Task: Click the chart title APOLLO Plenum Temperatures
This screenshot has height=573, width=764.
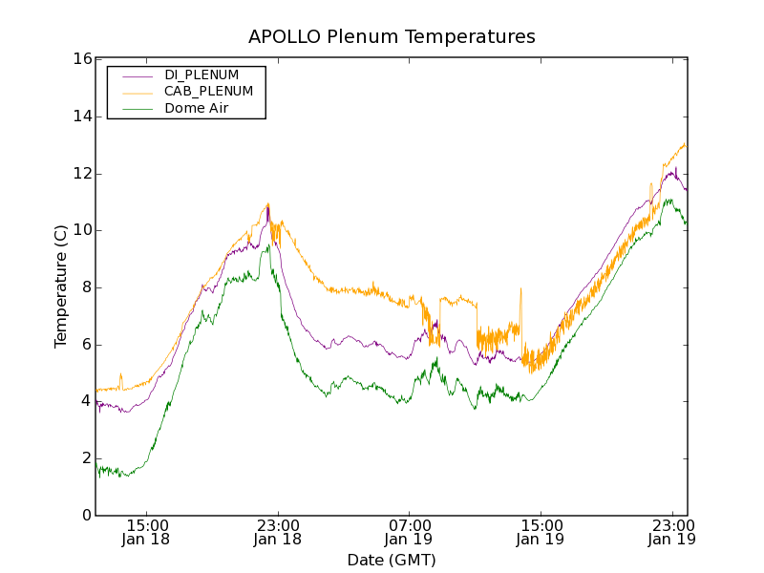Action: coord(392,37)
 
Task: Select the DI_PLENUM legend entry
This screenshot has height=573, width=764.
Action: coord(202,74)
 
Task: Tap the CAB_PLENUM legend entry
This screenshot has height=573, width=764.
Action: coord(208,92)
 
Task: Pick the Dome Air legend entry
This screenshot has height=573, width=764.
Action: coord(196,108)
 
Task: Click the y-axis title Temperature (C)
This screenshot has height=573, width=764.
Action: coord(61,286)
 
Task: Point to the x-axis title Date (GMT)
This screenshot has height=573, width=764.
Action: coord(392,560)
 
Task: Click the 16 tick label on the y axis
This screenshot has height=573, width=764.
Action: coord(81,59)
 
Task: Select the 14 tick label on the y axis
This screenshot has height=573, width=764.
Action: coord(81,117)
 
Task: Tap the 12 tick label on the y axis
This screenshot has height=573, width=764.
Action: coord(81,174)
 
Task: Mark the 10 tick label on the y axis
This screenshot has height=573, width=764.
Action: coord(81,230)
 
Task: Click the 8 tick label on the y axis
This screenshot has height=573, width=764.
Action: coord(86,287)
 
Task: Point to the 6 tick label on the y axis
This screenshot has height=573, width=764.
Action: coord(86,345)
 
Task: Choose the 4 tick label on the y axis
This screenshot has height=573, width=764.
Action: coord(86,401)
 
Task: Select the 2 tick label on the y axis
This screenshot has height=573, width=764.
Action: coord(86,458)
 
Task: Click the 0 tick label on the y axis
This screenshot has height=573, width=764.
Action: coord(86,516)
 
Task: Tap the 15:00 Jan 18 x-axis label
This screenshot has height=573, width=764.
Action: coord(147,532)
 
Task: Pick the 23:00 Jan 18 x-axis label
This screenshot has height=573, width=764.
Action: coord(278,532)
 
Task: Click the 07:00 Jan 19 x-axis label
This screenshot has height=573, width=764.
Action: coord(409,532)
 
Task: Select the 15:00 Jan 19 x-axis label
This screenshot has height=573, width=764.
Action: coord(541,532)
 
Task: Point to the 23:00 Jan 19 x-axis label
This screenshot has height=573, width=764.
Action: coord(671,532)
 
